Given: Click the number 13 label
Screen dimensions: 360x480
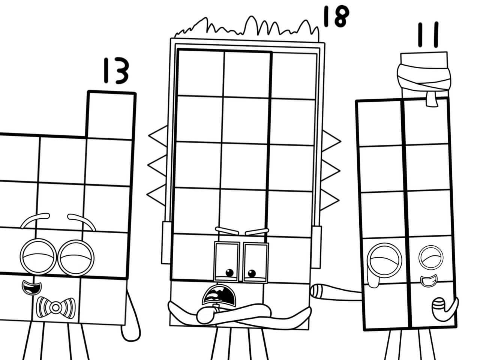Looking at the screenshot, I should (114, 72).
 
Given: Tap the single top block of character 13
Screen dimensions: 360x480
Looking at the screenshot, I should (111, 114).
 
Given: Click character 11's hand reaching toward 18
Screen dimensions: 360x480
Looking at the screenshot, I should (319, 290).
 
